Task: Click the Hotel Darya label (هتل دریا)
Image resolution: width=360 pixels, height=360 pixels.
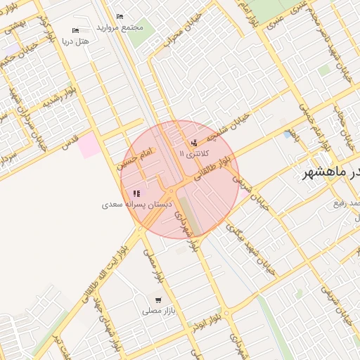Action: pyautogui.click(x=76, y=41)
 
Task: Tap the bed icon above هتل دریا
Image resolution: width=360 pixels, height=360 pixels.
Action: pyautogui.click(x=76, y=30)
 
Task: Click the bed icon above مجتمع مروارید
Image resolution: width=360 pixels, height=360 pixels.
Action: pyautogui.click(x=120, y=15)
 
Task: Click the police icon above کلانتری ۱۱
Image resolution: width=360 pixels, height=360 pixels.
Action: pyautogui.click(x=193, y=143)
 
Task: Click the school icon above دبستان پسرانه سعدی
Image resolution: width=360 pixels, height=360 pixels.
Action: pyautogui.click(x=136, y=193)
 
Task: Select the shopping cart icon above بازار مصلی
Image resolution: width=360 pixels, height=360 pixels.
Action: pyautogui.click(x=158, y=300)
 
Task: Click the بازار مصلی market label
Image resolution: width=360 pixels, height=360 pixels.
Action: pyautogui.click(x=157, y=310)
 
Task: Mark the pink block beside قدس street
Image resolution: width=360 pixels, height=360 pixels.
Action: pyautogui.click(x=89, y=146)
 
